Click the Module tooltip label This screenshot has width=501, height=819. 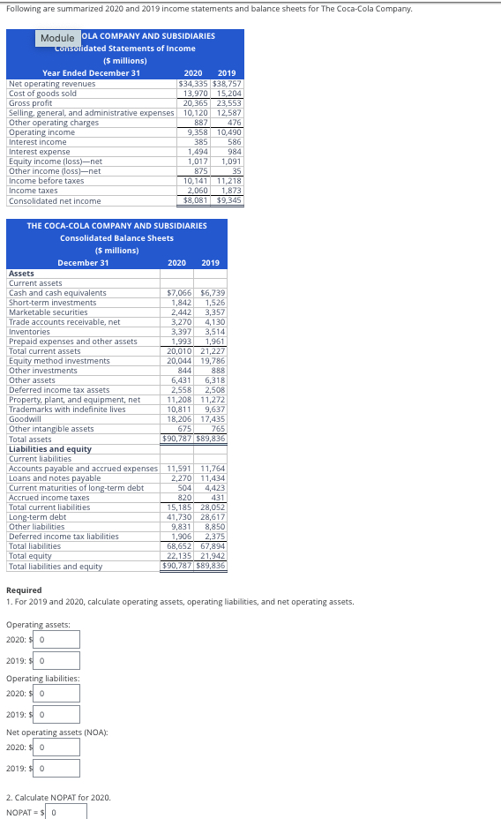57,39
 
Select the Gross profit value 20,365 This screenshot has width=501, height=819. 194,102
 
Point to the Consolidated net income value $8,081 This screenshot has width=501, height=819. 194,200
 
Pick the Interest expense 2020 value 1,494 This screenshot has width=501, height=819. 196,152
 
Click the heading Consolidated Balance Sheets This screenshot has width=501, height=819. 116,238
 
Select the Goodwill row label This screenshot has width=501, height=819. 25,419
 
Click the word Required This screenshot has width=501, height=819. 24,590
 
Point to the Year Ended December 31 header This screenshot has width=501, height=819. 91,73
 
